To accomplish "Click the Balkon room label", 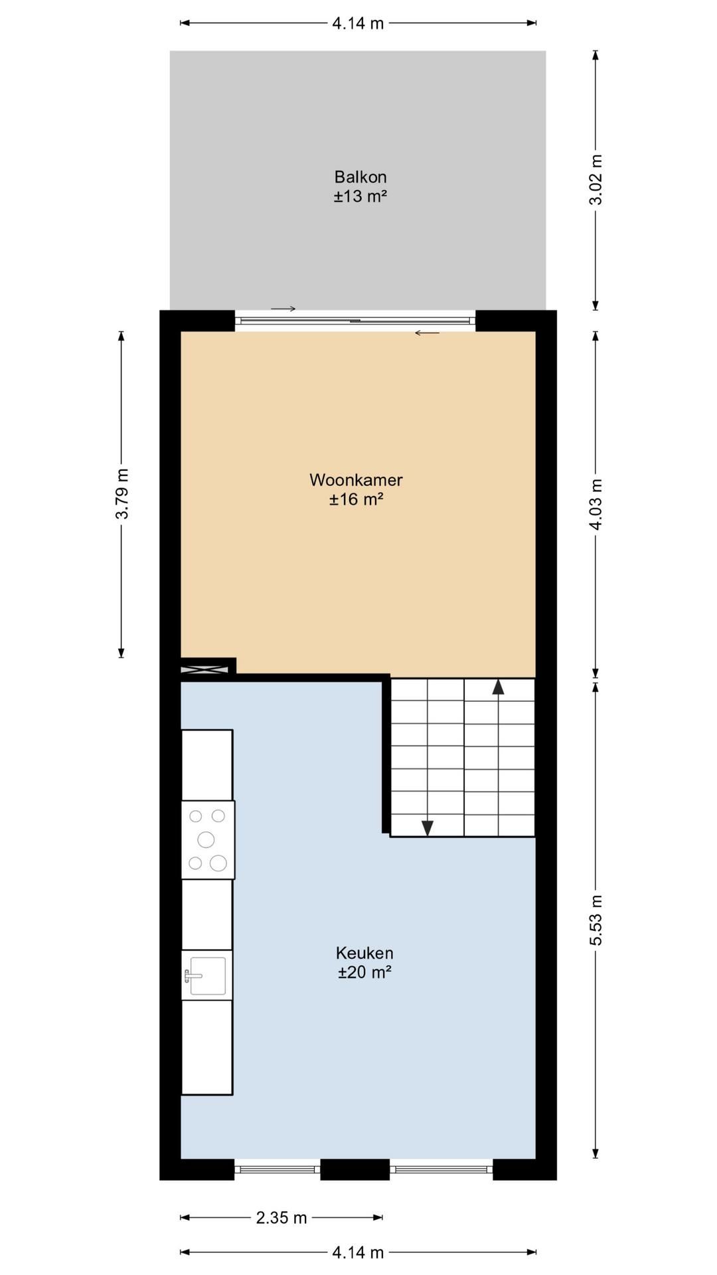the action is point(360,177).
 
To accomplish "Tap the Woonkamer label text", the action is point(356,479).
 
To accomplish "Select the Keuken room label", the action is point(364,953).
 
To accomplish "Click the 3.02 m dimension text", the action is point(596,179).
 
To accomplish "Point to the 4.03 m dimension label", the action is point(596,504).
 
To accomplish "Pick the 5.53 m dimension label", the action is point(596,920).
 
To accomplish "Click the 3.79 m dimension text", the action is point(121,494).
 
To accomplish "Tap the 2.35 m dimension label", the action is point(281,1217).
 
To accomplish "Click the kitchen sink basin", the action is point(208,976).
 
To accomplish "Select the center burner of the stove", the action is point(206,839).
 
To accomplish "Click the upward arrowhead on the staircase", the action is point(498,686).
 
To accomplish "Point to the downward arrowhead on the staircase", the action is point(428,828).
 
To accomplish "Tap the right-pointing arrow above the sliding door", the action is point(283,309).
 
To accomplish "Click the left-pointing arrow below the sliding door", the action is point(427,333).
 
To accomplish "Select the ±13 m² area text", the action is point(360,197).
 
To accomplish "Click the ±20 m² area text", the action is point(364,972).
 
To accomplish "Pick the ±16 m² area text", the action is point(357,499).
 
